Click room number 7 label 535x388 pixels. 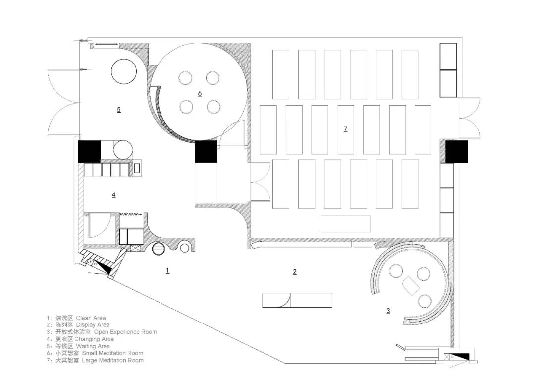[346, 129]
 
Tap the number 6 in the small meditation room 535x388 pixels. [200, 93]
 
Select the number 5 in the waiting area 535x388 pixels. [119, 109]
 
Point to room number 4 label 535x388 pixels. [113, 194]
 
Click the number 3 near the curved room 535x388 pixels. [388, 311]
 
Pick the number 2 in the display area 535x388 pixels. [295, 272]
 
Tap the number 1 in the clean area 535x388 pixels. [167, 271]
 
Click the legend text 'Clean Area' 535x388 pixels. [91, 318]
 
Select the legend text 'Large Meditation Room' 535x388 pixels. [112, 360]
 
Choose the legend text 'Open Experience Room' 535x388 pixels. [125, 332]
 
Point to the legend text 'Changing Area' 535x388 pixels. [94, 339]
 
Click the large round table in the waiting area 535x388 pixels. [124, 71]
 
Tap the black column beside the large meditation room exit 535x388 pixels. [457, 151]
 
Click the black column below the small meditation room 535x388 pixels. [206, 151]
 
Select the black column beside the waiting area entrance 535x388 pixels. [89, 151]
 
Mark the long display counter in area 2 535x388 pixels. [297, 301]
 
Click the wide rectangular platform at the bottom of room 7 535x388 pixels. [345, 224]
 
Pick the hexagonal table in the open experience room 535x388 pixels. [411, 286]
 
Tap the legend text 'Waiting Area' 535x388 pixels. [93, 346]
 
